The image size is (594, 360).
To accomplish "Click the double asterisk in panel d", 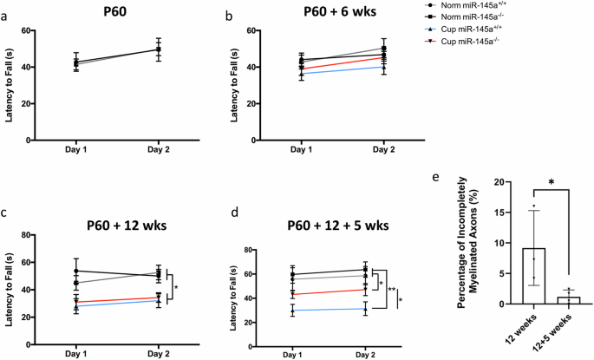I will tap(392, 291).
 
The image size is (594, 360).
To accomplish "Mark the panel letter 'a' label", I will tap(7, 15).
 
